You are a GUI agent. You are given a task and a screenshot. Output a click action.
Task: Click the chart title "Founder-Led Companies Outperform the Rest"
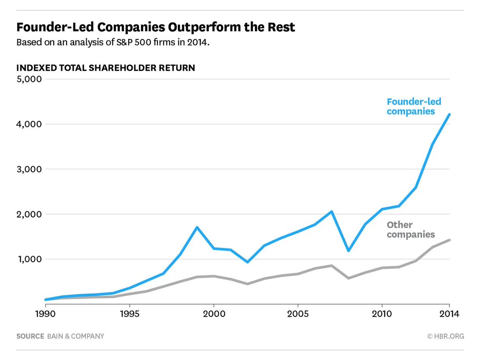[155, 28]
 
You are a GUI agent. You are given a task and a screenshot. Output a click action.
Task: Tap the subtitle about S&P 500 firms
[113, 43]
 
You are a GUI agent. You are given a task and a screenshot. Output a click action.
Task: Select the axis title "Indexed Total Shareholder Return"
[106, 68]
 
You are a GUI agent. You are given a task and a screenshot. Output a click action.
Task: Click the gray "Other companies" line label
[411, 230]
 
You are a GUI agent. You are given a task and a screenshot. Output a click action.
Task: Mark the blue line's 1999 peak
[197, 227]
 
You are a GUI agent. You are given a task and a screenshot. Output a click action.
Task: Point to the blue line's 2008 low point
[348, 250]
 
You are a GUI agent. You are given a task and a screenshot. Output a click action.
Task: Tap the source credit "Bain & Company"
[75, 336]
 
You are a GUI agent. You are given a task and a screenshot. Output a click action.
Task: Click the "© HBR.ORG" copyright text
[445, 336]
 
